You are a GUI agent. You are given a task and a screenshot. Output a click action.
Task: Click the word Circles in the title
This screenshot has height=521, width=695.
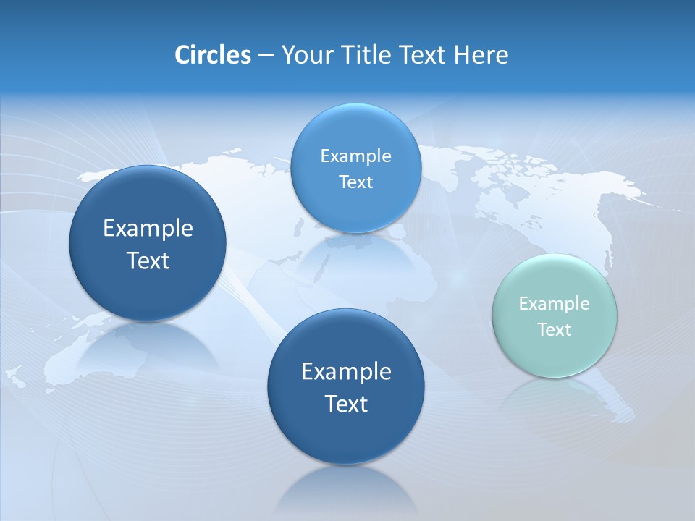[212, 55]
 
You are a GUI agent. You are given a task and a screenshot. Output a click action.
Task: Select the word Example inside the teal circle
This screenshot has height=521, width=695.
[555, 304]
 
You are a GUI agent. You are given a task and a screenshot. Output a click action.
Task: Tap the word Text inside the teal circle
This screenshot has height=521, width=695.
[555, 330]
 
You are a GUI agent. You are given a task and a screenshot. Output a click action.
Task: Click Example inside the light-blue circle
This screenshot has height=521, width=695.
[356, 156]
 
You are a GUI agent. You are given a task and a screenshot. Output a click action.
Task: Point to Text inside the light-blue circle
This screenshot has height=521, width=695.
[356, 182]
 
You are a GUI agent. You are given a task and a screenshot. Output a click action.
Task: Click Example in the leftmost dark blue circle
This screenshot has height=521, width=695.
[148, 229]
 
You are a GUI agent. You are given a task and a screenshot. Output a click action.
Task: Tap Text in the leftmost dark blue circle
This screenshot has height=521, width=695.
[148, 260]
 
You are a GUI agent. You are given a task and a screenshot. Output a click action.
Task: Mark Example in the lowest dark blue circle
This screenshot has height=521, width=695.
[346, 372]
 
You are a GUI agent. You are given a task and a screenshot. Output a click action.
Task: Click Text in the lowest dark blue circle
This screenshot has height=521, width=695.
[346, 404]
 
